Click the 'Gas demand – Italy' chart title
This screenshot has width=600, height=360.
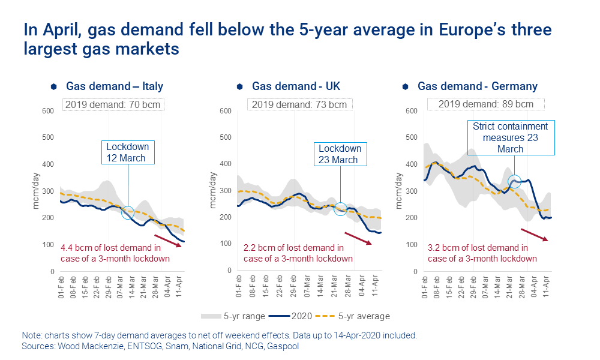[114, 87]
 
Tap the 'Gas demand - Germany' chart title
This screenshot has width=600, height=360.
[478, 87]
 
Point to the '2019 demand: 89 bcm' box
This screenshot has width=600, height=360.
[485, 104]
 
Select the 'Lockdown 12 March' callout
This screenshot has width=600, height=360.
[127, 152]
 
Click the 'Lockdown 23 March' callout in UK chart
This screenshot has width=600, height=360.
[340, 154]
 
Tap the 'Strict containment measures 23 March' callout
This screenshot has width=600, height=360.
[511, 137]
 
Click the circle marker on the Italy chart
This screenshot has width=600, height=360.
[128, 212]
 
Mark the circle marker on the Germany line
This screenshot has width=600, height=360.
[514, 181]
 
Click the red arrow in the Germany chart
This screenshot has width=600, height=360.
[534, 234]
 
